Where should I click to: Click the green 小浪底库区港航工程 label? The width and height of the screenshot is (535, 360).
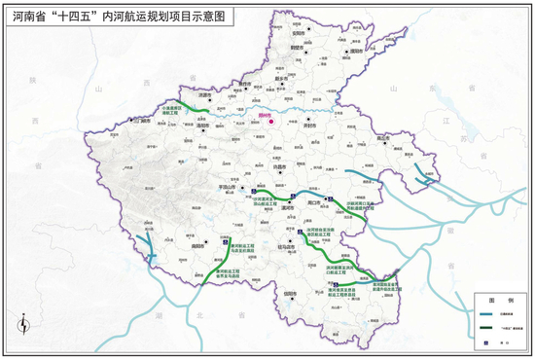pos(173,110)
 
